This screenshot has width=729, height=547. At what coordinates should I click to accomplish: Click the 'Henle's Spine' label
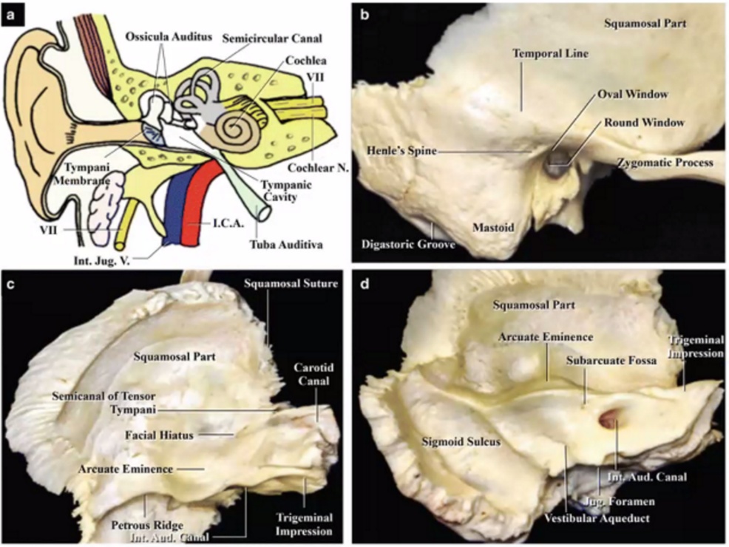(400, 151)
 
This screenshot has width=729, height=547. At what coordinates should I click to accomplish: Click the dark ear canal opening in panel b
(555, 165)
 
